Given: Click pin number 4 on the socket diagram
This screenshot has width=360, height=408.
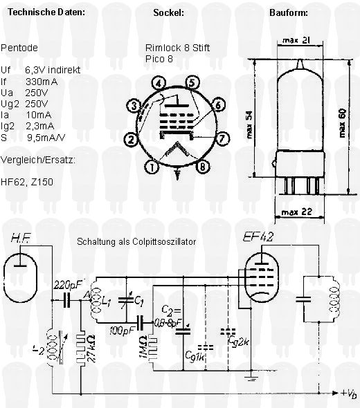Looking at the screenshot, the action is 159,84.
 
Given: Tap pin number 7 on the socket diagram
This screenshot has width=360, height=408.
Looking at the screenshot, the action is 222,138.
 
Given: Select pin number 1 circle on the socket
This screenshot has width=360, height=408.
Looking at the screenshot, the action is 152,167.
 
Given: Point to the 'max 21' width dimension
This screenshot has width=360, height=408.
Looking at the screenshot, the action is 296,40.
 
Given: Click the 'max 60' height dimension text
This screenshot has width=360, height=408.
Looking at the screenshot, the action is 343,123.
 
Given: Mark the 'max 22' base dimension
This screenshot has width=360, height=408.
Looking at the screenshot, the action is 297,212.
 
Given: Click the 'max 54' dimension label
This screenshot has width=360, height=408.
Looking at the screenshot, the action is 249,124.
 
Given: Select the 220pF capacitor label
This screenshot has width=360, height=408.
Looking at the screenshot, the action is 67,286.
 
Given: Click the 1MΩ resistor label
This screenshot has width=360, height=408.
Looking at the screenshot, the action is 144,349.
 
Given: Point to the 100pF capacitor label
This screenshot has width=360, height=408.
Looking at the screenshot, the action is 121,331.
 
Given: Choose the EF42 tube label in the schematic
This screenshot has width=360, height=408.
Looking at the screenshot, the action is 258,237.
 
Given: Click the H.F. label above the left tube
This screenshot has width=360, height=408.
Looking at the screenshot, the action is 21,238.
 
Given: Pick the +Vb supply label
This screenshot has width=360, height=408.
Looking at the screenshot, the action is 349,393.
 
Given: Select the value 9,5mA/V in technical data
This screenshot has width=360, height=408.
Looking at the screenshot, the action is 46,138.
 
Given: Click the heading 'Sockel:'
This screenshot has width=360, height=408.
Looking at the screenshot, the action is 168,12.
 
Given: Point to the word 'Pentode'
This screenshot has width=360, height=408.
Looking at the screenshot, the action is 19,48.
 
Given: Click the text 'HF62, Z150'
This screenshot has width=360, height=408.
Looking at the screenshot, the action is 27,182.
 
